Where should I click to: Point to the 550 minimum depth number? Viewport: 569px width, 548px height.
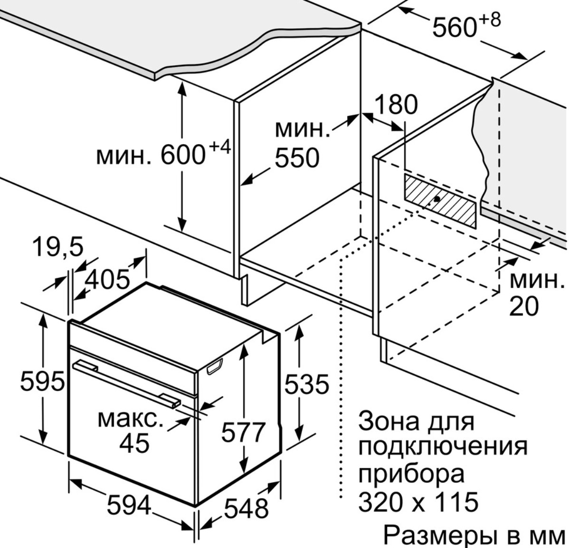[297, 158]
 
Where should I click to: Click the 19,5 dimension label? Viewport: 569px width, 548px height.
[58, 247]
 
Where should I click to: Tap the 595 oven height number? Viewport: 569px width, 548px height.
[42, 381]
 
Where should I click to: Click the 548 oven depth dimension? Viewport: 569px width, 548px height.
[247, 508]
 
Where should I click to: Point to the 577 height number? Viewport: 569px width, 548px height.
[244, 432]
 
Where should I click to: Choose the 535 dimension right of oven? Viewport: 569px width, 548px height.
[307, 384]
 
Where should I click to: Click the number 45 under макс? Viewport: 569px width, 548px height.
[134, 442]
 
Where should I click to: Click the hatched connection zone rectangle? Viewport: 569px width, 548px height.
[440, 201]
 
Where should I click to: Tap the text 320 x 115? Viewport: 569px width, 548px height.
[418, 501]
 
